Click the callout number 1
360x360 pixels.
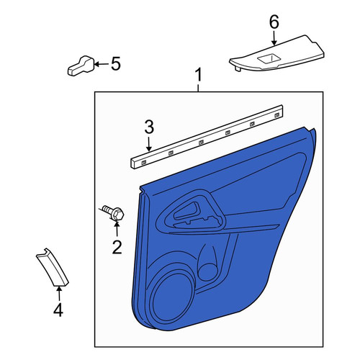click(199, 75)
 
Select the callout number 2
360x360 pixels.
click(117, 247)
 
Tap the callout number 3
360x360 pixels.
click(149, 127)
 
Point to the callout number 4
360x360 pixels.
click(58, 310)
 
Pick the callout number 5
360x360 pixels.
click(116, 64)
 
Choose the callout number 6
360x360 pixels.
click(274, 22)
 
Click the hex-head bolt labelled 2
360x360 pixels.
click(113, 212)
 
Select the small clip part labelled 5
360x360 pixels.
click(81, 66)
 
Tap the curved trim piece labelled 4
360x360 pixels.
click(53, 267)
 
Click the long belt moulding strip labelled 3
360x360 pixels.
click(207, 137)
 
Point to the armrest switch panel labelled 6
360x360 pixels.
click(276, 53)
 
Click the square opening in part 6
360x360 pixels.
click(268, 59)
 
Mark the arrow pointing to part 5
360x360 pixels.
click(101, 64)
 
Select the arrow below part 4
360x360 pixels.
click(59, 294)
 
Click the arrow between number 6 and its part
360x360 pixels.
click(274, 38)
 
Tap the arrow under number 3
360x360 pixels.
click(149, 144)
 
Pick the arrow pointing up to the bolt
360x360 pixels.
click(117, 229)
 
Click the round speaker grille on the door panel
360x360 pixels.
click(173, 296)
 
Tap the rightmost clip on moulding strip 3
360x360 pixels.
click(277, 115)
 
